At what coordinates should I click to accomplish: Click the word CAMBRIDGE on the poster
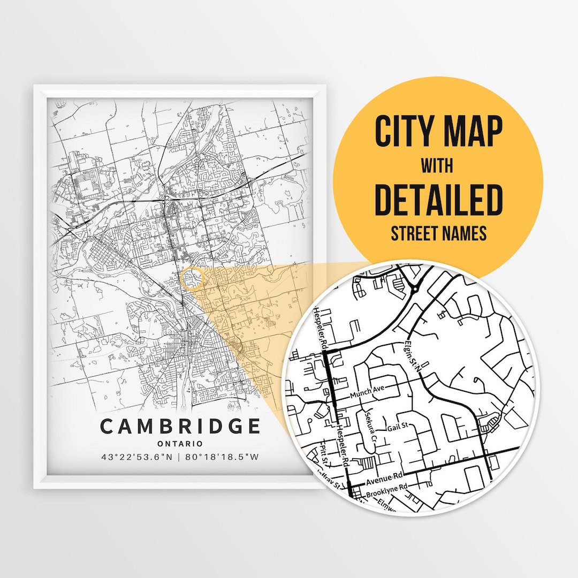[x=180, y=427]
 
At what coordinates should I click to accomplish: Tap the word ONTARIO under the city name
[x=180, y=444]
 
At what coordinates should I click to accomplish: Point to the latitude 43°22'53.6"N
[x=138, y=457]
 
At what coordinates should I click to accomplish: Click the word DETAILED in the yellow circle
[x=438, y=199]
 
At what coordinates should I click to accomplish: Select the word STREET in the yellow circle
[x=415, y=234]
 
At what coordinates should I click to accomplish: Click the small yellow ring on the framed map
[x=193, y=279]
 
